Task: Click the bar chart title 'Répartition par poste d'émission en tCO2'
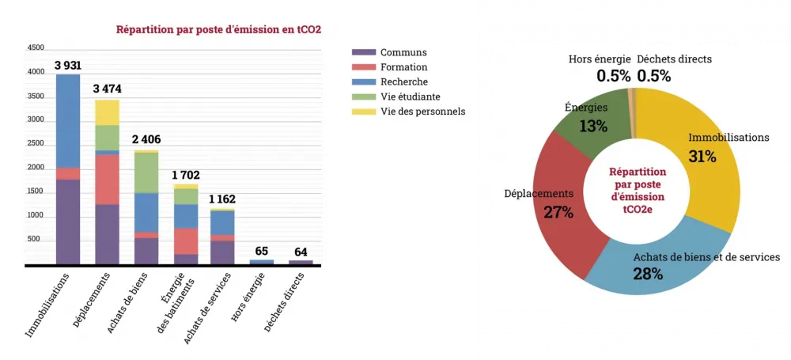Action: pyautogui.click(x=218, y=31)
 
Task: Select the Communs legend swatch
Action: pyautogui.click(x=363, y=52)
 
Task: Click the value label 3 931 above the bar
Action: pyautogui.click(x=68, y=65)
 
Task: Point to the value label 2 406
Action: pyautogui.click(x=146, y=140)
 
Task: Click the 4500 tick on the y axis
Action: pyautogui.click(x=36, y=48)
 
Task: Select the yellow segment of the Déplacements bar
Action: pyautogui.click(x=107, y=112)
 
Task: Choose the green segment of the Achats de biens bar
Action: pyautogui.click(x=146, y=172)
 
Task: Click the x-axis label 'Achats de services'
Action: pyautogui.click(x=207, y=308)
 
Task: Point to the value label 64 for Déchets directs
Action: pyautogui.click(x=301, y=252)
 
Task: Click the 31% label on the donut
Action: pyautogui.click(x=702, y=157)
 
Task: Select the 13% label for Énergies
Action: pyautogui.click(x=592, y=126)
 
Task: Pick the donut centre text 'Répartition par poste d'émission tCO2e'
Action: pyautogui.click(x=637, y=190)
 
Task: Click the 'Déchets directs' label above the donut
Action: pyautogui.click(x=674, y=59)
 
